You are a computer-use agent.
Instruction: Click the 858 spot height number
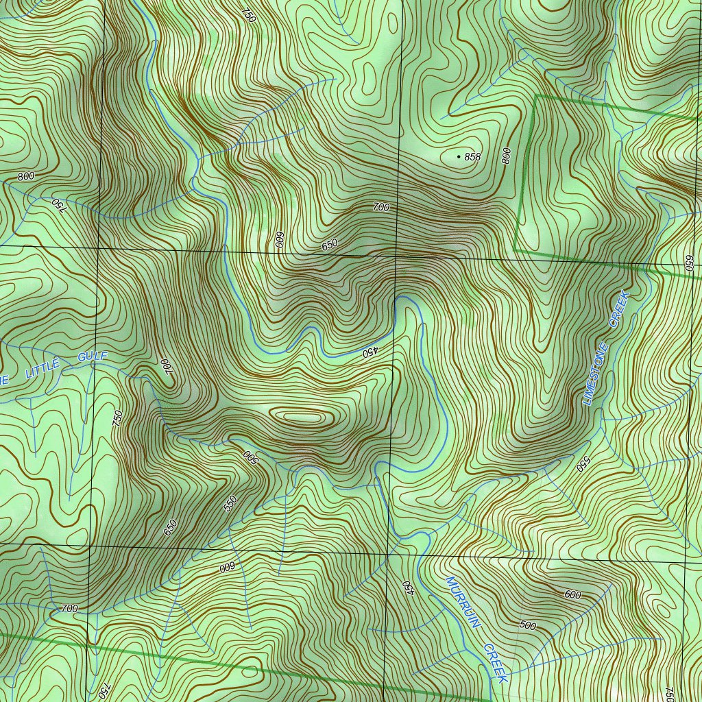[472, 157]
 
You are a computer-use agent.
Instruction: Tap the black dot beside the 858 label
[459, 157]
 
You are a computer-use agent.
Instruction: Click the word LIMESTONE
[596, 373]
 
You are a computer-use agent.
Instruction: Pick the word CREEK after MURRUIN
[495, 662]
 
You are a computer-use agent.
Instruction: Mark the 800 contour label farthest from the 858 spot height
[26, 176]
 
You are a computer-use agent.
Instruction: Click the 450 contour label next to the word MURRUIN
[408, 587]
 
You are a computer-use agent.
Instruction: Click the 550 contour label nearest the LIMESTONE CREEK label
[583, 464]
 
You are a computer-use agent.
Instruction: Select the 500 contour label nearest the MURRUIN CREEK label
[527, 625]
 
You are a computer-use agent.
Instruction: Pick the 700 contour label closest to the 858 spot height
[381, 207]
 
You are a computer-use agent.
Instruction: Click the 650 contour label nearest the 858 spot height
[330, 244]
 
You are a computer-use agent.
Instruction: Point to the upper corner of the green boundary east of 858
[535, 97]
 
